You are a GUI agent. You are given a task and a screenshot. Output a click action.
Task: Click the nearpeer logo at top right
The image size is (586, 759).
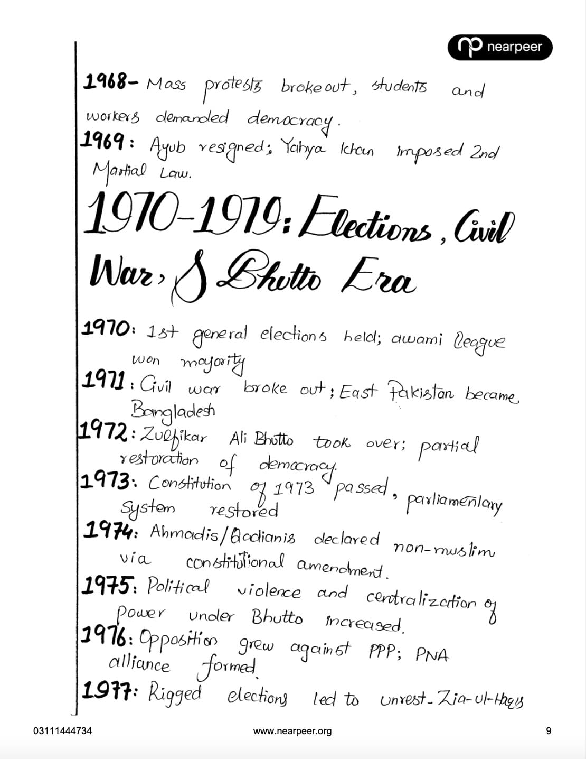pos(499,48)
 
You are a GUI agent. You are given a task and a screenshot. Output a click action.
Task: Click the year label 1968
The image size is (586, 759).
pos(105,82)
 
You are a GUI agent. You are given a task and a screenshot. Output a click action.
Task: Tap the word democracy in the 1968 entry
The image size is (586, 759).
pos(291,119)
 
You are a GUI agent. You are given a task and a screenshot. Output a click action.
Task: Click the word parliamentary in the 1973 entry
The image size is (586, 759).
pos(453,503)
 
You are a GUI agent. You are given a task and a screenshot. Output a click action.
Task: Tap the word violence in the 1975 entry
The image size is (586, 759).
pos(269,591)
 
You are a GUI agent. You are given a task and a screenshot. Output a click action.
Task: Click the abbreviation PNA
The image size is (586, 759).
pos(432,655)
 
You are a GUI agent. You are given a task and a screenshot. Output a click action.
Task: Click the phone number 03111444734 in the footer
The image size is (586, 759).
pos(62,731)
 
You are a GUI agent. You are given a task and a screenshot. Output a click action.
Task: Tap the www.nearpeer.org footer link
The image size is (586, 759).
pos(292,731)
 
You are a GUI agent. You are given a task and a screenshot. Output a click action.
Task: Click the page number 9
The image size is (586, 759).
pos(549,731)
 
